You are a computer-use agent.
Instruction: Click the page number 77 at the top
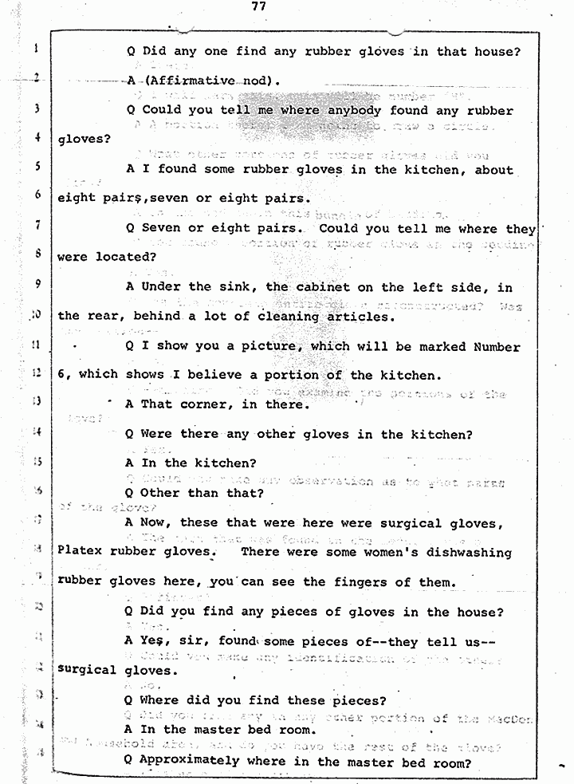point(257,6)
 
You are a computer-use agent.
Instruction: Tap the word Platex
point(82,553)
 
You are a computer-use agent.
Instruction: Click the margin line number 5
point(37,167)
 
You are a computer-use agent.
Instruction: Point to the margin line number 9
point(37,285)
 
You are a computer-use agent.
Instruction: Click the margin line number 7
point(37,227)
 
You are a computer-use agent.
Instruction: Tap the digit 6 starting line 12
point(61,375)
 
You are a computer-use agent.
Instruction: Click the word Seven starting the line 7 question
point(163,228)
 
